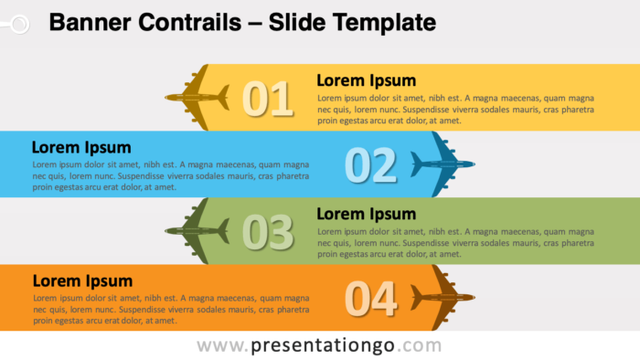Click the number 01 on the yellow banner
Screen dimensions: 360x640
click(x=267, y=100)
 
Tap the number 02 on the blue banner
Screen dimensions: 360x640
click(x=370, y=165)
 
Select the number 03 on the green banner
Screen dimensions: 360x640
click(x=267, y=232)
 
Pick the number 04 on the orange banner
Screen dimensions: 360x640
click(x=370, y=299)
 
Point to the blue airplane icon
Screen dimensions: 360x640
click(x=443, y=164)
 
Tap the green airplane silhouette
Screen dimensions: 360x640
click(x=197, y=230)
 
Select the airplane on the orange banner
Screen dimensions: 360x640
click(x=443, y=298)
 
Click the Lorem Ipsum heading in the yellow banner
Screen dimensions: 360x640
click(x=366, y=80)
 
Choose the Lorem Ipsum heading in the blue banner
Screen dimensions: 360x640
click(x=81, y=147)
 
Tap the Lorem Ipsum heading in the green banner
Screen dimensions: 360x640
click(x=366, y=214)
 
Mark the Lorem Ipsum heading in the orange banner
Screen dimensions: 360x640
click(x=81, y=281)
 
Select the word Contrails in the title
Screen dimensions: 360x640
click(x=186, y=21)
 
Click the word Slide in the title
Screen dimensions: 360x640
click(x=293, y=21)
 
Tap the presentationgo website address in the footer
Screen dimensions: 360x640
click(x=319, y=345)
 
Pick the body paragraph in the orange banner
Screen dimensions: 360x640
click(x=170, y=309)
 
